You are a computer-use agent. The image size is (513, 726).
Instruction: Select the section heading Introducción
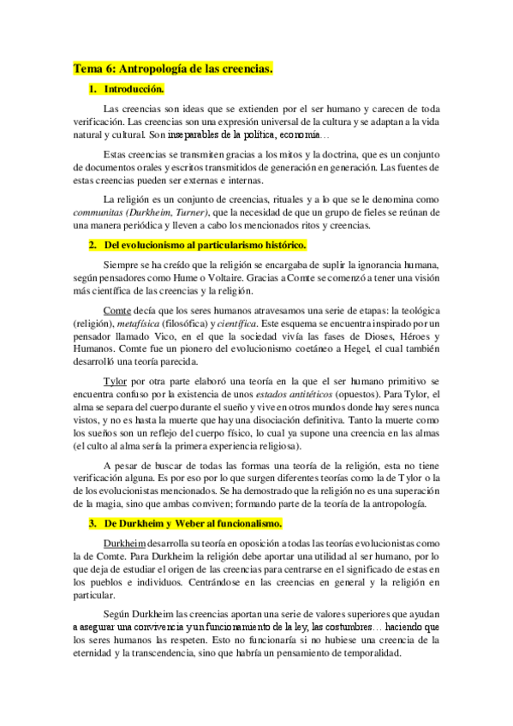pyautogui.click(x=134, y=89)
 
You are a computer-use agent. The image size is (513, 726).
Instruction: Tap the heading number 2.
pyautogui.click(x=92, y=246)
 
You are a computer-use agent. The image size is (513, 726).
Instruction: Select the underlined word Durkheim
pyautogui.click(x=124, y=520)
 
